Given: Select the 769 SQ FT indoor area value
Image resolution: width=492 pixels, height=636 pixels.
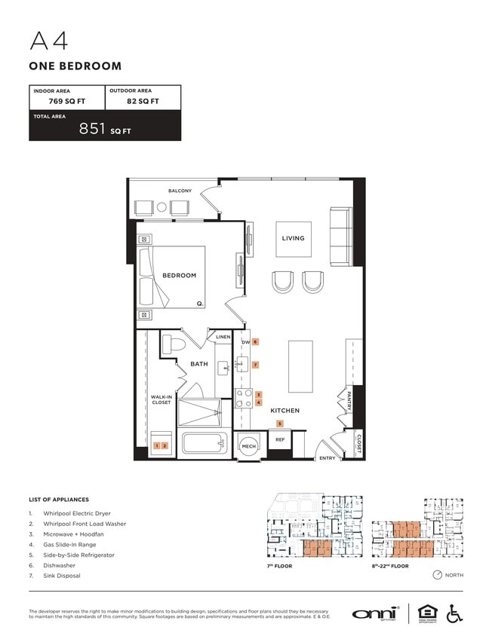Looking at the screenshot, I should [x=55, y=101].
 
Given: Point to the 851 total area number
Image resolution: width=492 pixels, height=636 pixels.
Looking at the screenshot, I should [x=93, y=129].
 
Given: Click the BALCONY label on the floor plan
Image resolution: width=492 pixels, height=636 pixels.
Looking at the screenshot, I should [x=180, y=191].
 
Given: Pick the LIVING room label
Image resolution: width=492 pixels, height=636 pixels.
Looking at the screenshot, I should [x=293, y=238].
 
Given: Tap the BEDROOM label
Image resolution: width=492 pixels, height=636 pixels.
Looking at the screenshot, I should [x=179, y=275].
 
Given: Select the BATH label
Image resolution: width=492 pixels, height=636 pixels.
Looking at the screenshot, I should [x=198, y=364].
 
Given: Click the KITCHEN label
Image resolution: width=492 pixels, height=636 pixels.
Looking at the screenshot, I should [x=286, y=411].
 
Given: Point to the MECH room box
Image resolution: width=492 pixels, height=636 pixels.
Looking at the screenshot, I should [x=248, y=446].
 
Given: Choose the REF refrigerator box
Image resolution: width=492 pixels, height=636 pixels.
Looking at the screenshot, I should [x=279, y=439].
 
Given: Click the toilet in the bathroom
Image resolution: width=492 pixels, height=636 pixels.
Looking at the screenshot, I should [x=174, y=345].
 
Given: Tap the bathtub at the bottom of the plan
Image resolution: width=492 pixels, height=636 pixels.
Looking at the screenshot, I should [x=204, y=444].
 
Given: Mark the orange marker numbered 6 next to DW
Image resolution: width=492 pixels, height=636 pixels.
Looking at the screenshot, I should [x=256, y=341].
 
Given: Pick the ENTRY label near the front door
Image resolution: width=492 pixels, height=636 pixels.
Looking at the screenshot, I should [x=327, y=457].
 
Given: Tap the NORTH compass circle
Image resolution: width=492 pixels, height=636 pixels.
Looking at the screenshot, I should [x=438, y=575].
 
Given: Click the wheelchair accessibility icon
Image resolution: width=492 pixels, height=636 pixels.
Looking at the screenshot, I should [x=455, y=613].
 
